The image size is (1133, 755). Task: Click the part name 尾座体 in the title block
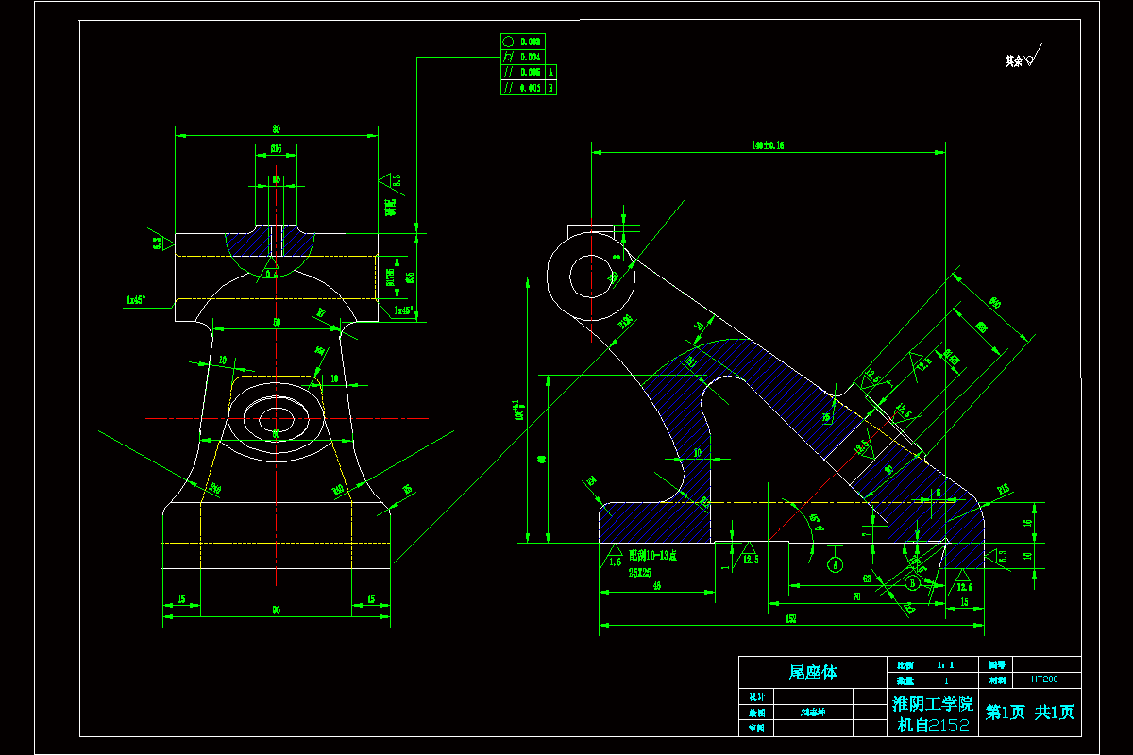point(812,673)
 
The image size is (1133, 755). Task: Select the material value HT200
point(1043,679)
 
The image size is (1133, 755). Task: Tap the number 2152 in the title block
point(948,725)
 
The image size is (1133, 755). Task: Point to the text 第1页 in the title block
point(1006,713)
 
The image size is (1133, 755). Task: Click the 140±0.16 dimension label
point(768,145)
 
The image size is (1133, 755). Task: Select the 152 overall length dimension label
point(790,619)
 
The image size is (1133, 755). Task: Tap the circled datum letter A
point(835,564)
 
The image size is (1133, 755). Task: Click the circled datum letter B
point(912,583)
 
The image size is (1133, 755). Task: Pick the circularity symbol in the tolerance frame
point(508,42)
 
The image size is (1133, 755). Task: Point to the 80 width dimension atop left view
point(276,128)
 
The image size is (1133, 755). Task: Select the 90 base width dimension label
point(276,611)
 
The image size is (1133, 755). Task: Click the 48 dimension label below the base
point(656,586)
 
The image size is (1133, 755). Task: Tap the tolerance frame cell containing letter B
point(550,88)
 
